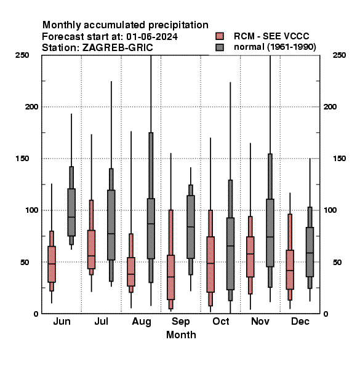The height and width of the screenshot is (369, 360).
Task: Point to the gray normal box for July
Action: click(111, 225)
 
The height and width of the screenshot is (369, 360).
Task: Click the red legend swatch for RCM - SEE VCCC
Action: click(220, 36)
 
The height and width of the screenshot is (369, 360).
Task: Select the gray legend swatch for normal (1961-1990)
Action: click(220, 47)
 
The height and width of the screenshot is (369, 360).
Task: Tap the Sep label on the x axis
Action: click(180, 322)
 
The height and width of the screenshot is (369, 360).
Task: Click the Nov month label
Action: click(260, 321)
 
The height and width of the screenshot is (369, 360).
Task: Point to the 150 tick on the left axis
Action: click(23, 159)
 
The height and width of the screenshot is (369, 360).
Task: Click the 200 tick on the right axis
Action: click(330, 106)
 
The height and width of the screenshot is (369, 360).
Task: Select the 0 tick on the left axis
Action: click(36, 314)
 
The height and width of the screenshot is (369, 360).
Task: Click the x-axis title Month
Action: click(181, 335)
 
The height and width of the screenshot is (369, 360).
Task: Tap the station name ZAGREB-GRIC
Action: click(118, 48)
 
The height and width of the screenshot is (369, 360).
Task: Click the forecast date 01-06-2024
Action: click(152, 37)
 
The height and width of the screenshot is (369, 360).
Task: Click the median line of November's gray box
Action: click(270, 237)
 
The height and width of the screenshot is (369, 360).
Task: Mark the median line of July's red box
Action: click(91, 256)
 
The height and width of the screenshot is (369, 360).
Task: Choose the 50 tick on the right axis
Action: click(337, 262)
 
